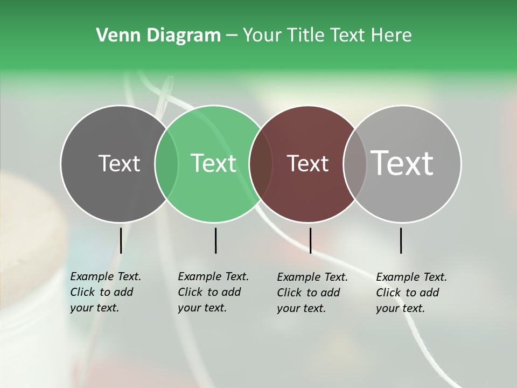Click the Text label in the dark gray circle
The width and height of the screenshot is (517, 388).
click(x=119, y=163)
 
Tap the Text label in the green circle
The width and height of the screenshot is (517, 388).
click(x=214, y=163)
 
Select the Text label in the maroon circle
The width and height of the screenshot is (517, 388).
click(x=308, y=163)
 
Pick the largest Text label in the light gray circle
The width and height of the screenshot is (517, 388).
click(x=402, y=163)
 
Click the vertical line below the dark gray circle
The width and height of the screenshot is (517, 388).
click(x=121, y=240)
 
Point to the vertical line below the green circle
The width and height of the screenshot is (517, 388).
click(x=215, y=240)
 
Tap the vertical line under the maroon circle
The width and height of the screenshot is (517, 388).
click(x=310, y=240)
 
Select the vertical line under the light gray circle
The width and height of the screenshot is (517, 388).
click(x=401, y=240)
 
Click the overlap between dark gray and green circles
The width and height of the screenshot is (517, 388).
click(x=166, y=163)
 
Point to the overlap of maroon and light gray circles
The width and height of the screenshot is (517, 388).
click(x=353, y=163)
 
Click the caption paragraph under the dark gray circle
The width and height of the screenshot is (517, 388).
click(x=106, y=292)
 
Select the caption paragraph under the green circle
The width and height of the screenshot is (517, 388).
click(x=213, y=292)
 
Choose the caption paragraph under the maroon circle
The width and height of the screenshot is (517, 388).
click(x=312, y=293)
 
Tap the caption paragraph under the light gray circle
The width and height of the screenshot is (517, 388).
click(x=411, y=293)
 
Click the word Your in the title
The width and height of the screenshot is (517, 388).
click(x=262, y=35)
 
